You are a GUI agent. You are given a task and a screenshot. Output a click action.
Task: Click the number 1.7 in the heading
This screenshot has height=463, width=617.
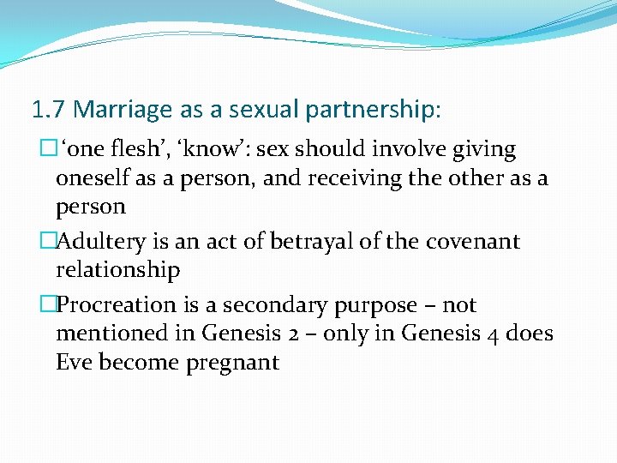click(49, 110)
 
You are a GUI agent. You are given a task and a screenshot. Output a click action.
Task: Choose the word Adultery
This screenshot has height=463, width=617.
click(93, 242)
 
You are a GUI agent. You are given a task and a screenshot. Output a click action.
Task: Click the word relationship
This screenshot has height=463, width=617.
click(117, 270)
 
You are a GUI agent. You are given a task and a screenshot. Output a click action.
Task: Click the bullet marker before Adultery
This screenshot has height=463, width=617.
click(48, 242)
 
